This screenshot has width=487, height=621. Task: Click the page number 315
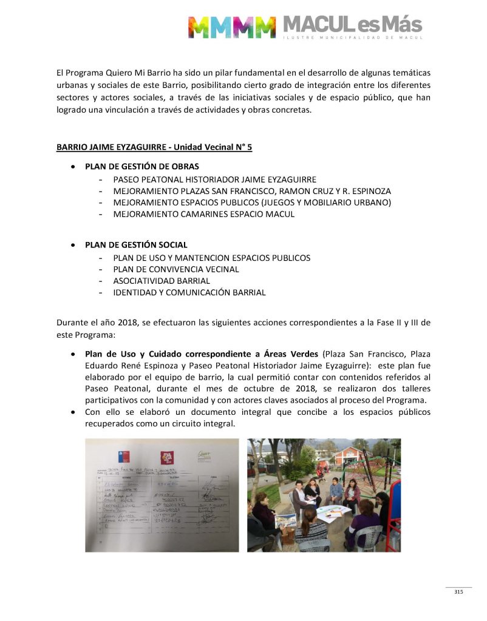tap(458, 592)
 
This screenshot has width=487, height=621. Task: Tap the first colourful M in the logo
tap(200, 27)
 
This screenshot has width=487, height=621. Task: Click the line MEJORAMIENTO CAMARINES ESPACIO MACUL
tap(203, 214)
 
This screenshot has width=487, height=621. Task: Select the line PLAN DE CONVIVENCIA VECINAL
tap(175, 269)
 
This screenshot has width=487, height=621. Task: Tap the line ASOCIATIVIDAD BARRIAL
tap(161, 281)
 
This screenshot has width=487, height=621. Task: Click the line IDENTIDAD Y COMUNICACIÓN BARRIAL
tap(189, 292)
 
